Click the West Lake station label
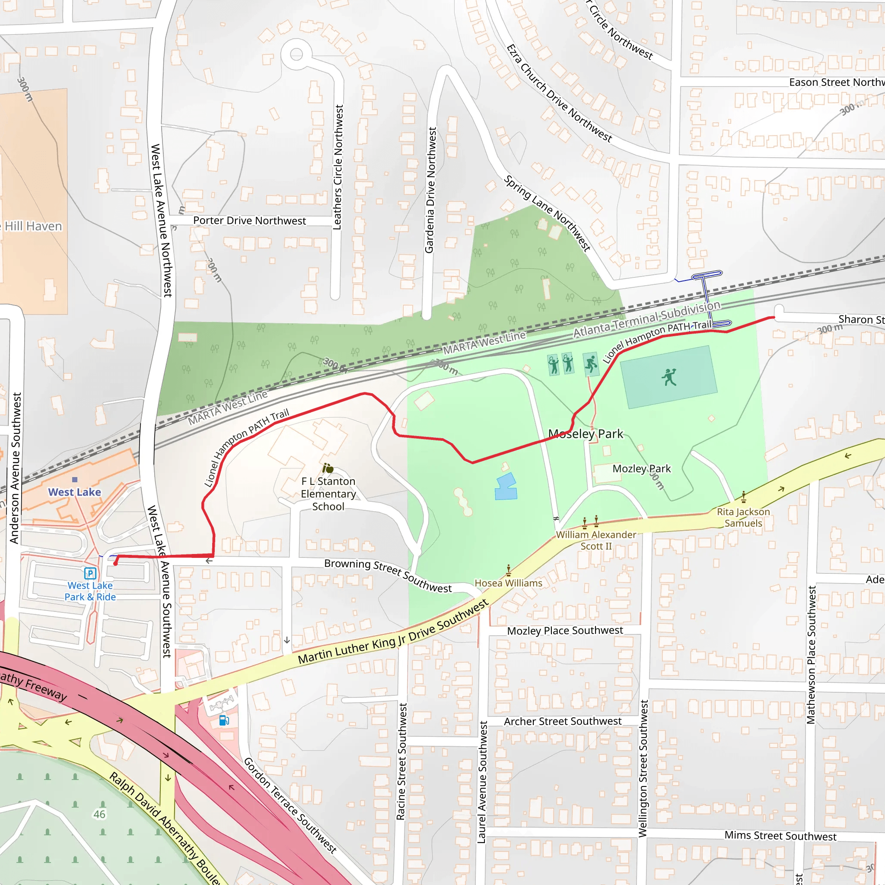pos(74,492)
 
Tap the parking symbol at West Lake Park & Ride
pos(90,573)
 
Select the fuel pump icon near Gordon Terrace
pos(224,720)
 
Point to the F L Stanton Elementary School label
pos(328,494)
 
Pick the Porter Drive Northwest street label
pos(249,221)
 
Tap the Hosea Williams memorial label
pos(509,583)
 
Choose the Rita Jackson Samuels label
pos(743,518)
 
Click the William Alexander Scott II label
pos(596,541)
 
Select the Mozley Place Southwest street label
pos(565,631)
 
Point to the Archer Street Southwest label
pos(563,722)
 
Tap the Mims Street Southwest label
pos(780,836)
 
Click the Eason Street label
pos(836,83)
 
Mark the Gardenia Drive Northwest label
pos(430,190)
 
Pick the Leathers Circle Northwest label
pos(337,167)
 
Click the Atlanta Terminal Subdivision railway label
pos(647,319)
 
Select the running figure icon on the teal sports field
pos(669,377)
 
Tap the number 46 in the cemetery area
pos(99,815)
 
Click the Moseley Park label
pos(586,434)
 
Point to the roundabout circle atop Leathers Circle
pos(296,54)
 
